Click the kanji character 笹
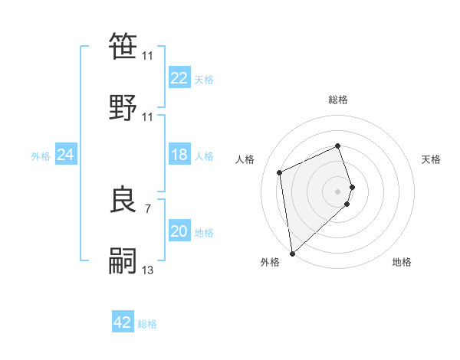click(x=124, y=47)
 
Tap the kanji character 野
click(x=124, y=107)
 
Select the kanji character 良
click(x=124, y=200)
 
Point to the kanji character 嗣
click(x=124, y=261)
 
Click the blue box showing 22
click(x=179, y=78)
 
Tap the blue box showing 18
click(x=179, y=155)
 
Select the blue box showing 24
click(x=65, y=155)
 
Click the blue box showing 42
click(x=123, y=323)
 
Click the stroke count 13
click(x=147, y=270)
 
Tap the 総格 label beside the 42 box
click(x=147, y=324)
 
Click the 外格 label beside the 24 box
click(x=41, y=156)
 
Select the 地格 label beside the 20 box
click(x=204, y=233)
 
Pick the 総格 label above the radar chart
click(x=338, y=100)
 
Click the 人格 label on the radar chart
click(x=245, y=159)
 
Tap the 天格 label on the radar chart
click(x=431, y=159)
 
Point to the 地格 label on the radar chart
click(x=402, y=262)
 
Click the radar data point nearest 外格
click(x=292, y=253)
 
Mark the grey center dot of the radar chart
click(x=338, y=191)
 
